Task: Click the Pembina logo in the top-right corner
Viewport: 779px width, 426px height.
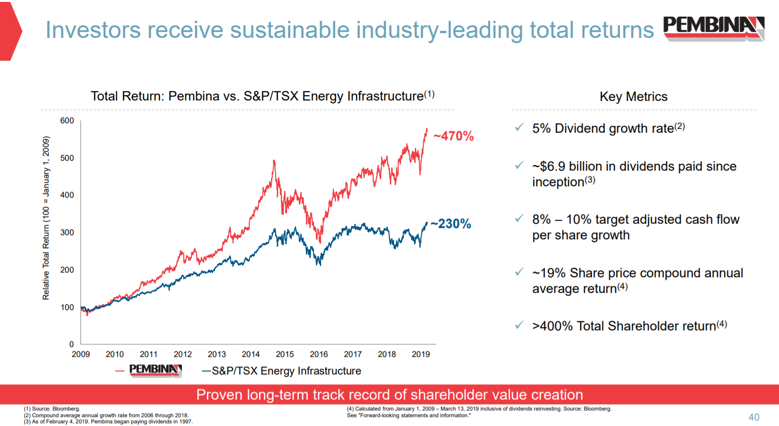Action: [713, 27]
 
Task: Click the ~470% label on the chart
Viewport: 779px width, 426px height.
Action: [454, 136]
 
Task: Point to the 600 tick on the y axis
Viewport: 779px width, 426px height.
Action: [67, 121]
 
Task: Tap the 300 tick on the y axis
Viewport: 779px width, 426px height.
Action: [67, 233]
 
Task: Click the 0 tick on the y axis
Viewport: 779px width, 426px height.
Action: [72, 344]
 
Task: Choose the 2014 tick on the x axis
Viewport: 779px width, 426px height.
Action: [251, 354]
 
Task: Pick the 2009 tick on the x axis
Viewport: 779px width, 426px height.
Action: [81, 354]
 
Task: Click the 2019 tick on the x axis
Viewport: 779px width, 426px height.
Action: [421, 354]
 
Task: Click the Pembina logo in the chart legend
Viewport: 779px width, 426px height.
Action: [155, 370]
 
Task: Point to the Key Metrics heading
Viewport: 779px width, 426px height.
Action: [633, 97]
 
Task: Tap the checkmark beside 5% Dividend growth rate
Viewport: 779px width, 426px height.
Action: [519, 127]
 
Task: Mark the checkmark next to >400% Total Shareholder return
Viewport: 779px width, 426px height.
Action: [519, 325]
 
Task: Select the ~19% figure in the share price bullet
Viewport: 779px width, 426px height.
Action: [549, 273]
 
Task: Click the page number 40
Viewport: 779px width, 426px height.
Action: [753, 417]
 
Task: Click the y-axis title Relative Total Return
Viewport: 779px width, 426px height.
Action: [46, 218]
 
